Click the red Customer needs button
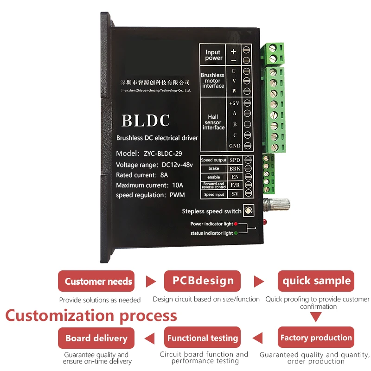pos(96,281)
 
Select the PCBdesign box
pos(203,281)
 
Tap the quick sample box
pos(316,281)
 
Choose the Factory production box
pos(316,338)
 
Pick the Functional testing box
pos(203,338)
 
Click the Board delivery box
pos(96,338)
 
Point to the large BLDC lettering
pos(146,121)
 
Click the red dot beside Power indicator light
pos(236,224)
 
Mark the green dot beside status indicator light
pos(236,233)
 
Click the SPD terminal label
pos(235,160)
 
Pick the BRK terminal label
pos(235,169)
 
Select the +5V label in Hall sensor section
pos(234,103)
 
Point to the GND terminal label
pos(235,146)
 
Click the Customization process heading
pos(91,316)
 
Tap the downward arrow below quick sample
pos(316,317)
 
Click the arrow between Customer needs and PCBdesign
pos(151,281)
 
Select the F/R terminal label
pos(235,185)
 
